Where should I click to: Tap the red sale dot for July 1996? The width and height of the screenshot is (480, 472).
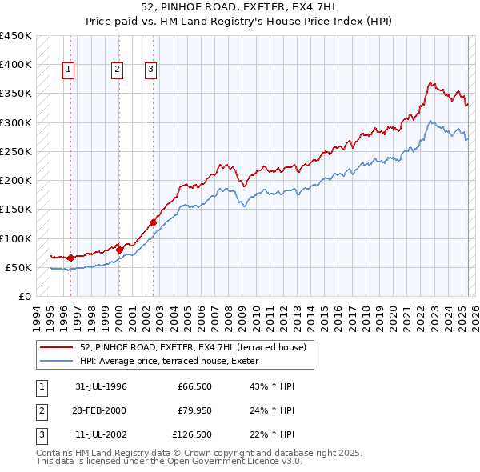pos(70,258)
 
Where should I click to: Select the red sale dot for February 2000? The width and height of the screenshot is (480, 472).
pos(119,250)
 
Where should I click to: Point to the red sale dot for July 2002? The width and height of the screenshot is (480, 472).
pos(153,222)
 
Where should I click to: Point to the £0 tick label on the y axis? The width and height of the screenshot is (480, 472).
pos(24,297)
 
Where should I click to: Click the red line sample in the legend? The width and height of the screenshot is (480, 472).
pos(58,348)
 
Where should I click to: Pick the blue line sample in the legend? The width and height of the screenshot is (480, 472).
pos(58,361)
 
